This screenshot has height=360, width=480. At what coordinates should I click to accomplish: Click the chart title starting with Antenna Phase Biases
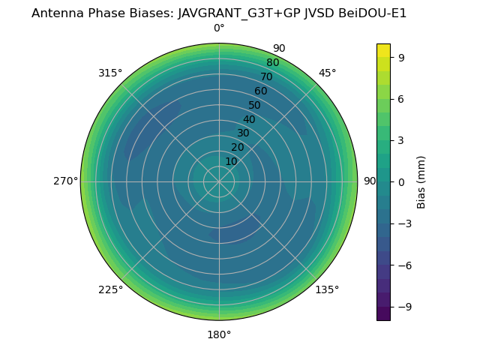click(x=219, y=13)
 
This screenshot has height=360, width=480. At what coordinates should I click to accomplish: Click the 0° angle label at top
click(x=219, y=28)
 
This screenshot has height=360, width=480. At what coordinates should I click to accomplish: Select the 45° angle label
click(x=327, y=73)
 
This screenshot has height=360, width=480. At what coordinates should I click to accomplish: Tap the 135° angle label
click(x=327, y=289)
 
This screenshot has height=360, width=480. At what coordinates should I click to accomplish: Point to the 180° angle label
click(x=219, y=334)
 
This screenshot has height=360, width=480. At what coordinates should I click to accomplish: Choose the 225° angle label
click(x=110, y=289)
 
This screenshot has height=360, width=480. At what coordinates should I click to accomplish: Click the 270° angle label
click(x=65, y=181)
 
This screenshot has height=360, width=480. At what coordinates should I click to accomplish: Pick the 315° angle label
click(x=110, y=73)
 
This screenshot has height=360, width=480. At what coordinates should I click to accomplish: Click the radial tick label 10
click(x=231, y=161)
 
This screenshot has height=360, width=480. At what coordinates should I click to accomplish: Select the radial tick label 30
click(x=243, y=133)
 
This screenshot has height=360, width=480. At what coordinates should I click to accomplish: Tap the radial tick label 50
click(x=254, y=106)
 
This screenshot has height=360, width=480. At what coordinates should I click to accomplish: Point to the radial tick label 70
click(x=266, y=77)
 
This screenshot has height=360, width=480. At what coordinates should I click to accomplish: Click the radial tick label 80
click(x=272, y=63)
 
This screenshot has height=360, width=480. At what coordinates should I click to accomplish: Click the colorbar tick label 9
click(x=401, y=57)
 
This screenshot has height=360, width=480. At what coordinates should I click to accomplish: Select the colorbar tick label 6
click(x=401, y=98)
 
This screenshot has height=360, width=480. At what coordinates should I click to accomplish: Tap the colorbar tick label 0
click(x=401, y=181)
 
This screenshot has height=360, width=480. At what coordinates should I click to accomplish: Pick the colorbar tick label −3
click(x=404, y=223)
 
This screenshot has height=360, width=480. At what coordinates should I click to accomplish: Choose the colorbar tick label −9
click(x=404, y=307)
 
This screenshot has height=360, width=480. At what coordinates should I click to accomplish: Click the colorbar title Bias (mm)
click(x=421, y=181)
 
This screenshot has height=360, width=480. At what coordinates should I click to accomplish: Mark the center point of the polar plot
click(x=219, y=181)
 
